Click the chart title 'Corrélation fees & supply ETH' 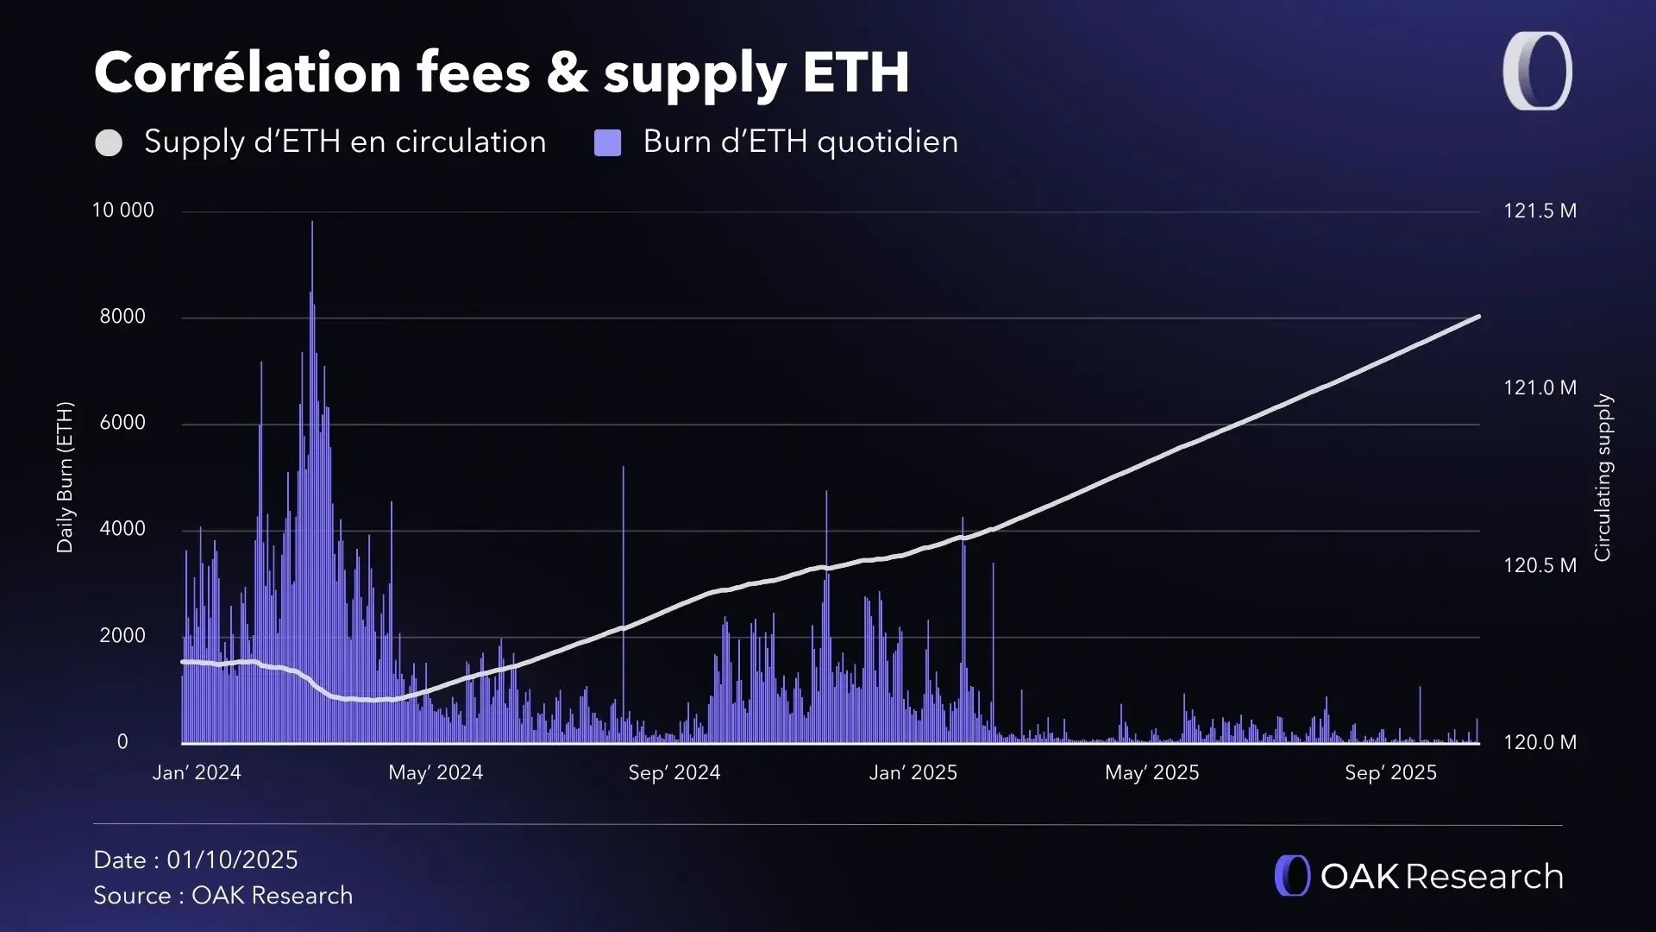click(x=501, y=72)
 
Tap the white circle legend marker click(x=109, y=143)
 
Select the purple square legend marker click(x=608, y=143)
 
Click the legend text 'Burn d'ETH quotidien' click(x=800, y=142)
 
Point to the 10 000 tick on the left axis click(x=123, y=211)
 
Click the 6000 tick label click(x=122, y=423)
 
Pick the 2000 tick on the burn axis click(x=122, y=636)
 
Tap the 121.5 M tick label click(x=1540, y=211)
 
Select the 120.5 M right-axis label click(x=1540, y=566)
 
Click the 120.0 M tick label click(x=1540, y=743)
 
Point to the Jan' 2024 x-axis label click(x=197, y=773)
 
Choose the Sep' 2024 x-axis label click(x=674, y=773)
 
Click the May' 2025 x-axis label click(x=1152, y=773)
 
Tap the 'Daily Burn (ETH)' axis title click(x=65, y=477)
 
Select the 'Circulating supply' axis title click(x=1603, y=477)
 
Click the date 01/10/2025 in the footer click(x=232, y=860)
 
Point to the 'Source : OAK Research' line click(x=223, y=896)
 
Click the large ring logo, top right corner click(x=1538, y=71)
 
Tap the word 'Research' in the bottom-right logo click(x=1484, y=877)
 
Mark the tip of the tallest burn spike click(x=312, y=223)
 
